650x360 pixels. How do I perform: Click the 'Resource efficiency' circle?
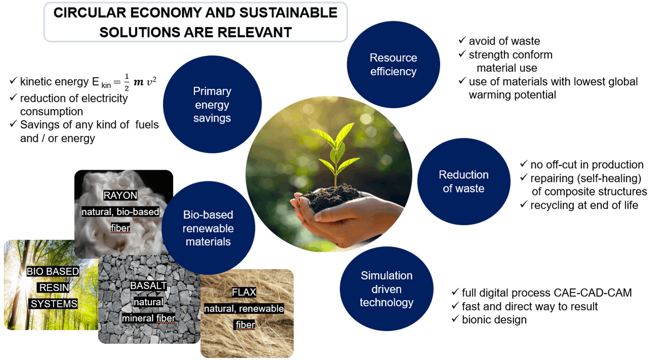(393, 64)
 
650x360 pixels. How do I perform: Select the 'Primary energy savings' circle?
(212, 105)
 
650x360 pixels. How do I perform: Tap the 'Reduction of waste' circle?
(464, 181)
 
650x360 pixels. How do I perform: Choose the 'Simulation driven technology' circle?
(386, 288)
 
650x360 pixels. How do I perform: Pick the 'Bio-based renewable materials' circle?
(208, 228)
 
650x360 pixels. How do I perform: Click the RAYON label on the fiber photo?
(120, 195)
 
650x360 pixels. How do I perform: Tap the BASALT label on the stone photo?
(148, 286)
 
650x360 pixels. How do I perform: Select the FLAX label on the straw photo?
(244, 292)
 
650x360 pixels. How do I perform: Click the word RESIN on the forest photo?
(54, 288)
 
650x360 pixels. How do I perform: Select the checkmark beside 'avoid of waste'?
(462, 40)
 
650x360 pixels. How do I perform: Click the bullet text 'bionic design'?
(494, 320)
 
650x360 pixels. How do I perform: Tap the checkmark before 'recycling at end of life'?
(524, 204)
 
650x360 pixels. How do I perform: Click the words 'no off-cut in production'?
(587, 165)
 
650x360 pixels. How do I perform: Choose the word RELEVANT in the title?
(254, 32)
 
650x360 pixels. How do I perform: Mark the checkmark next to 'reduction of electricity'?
(13, 97)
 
